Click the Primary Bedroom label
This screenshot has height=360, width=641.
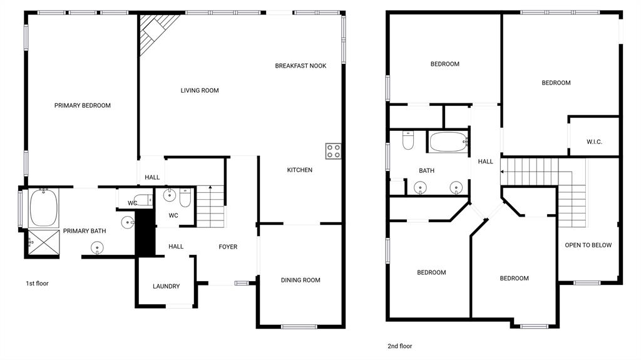(x=82, y=106)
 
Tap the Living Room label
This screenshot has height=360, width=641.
(x=200, y=91)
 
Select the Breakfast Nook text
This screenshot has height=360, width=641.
(x=300, y=66)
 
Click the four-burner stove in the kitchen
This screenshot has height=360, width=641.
(x=333, y=151)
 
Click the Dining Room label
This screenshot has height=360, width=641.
(x=300, y=280)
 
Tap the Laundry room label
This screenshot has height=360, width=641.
(x=166, y=287)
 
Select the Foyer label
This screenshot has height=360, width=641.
(x=228, y=247)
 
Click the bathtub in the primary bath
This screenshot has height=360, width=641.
(x=43, y=208)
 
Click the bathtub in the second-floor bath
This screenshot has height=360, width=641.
(x=448, y=141)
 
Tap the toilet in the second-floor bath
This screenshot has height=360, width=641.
(x=408, y=141)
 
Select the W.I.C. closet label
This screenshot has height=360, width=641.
(x=594, y=142)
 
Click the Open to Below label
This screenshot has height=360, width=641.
(x=588, y=245)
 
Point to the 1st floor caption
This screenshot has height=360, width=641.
(x=37, y=284)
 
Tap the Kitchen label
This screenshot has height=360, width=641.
(x=299, y=170)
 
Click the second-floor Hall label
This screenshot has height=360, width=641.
(x=486, y=162)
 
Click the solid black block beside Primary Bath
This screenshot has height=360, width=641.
(x=145, y=232)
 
